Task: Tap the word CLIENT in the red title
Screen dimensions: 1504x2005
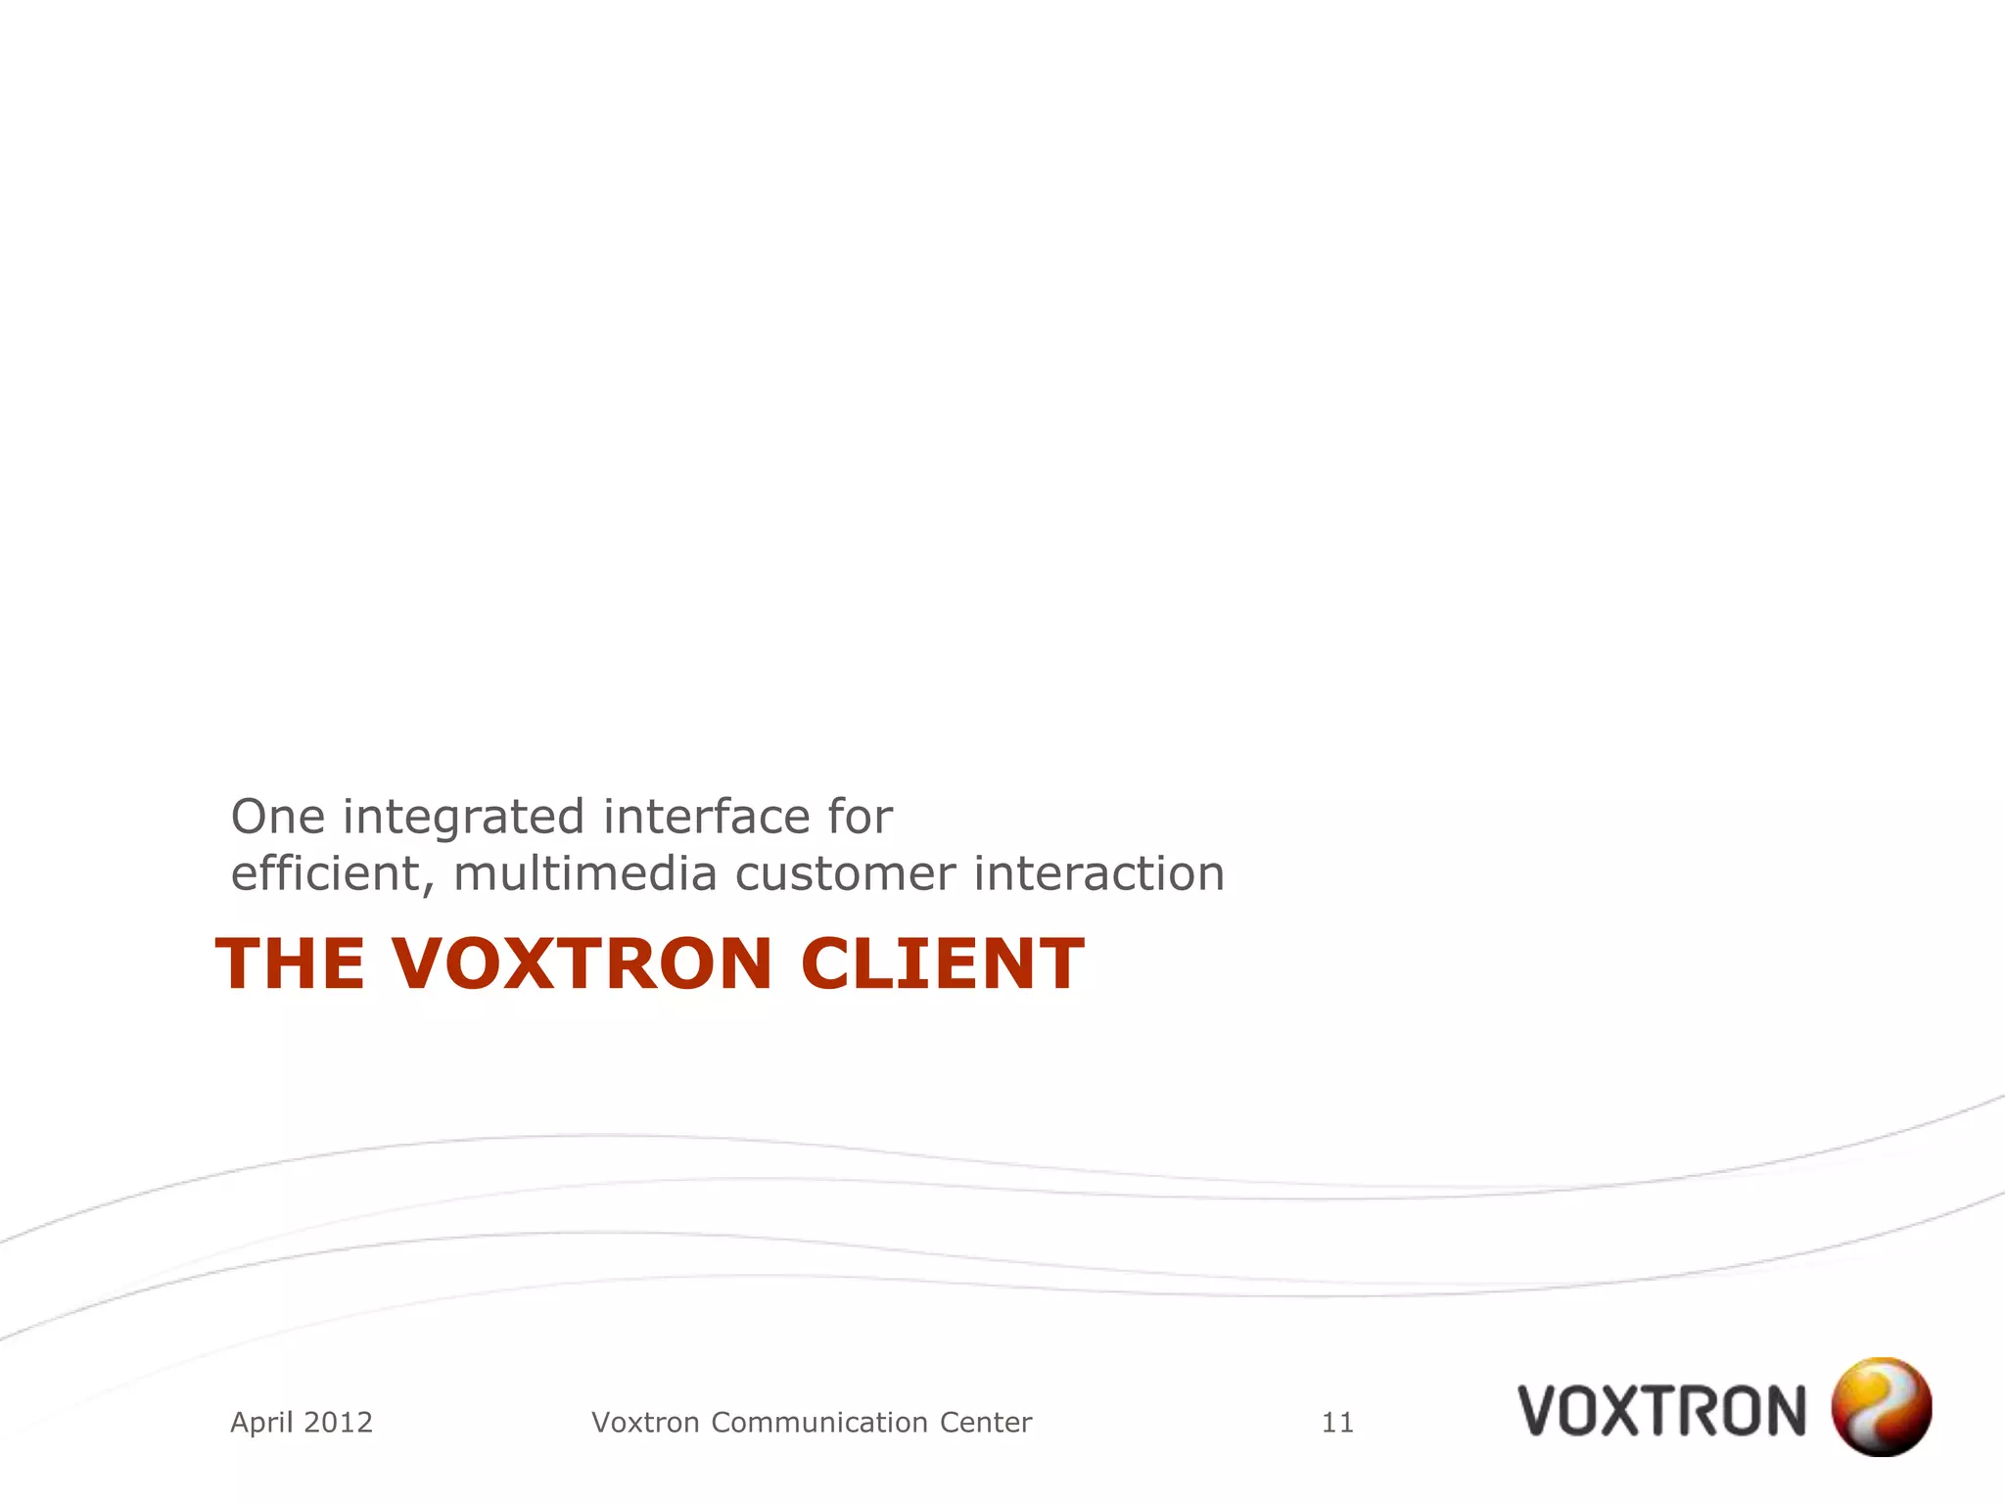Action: [942, 964]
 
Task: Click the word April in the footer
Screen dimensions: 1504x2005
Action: [261, 1423]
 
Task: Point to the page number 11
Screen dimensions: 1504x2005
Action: [1337, 1422]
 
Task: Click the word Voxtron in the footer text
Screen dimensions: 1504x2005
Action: [646, 1422]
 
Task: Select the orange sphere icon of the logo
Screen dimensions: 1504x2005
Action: [1881, 1406]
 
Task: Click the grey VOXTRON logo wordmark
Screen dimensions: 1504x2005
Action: [1661, 1410]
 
